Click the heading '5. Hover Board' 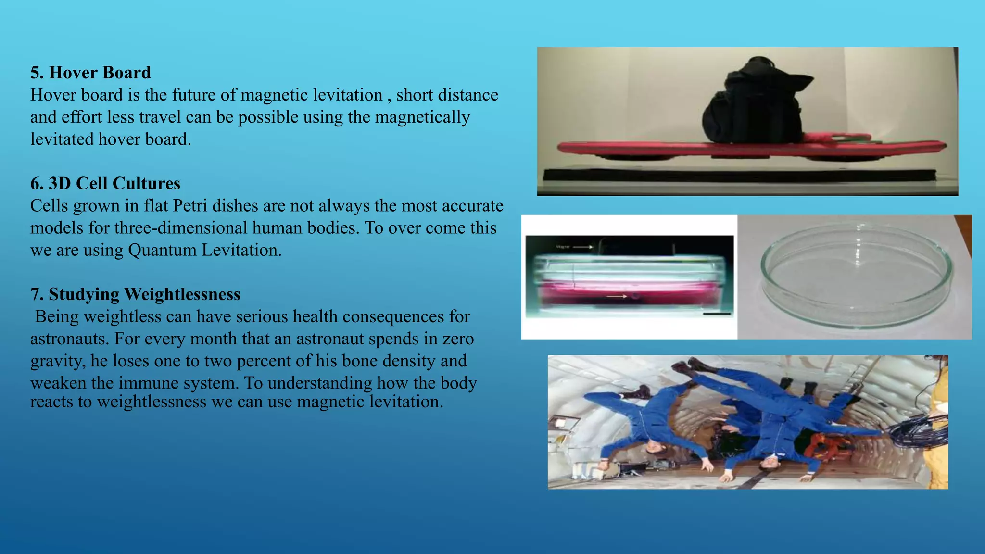pyautogui.click(x=90, y=73)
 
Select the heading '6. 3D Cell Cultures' pyautogui.click(x=105, y=183)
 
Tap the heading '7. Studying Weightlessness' pyautogui.click(x=135, y=294)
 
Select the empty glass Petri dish pyautogui.click(x=856, y=277)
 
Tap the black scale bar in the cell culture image pyautogui.click(x=717, y=314)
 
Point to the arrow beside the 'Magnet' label pyautogui.click(x=583, y=247)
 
